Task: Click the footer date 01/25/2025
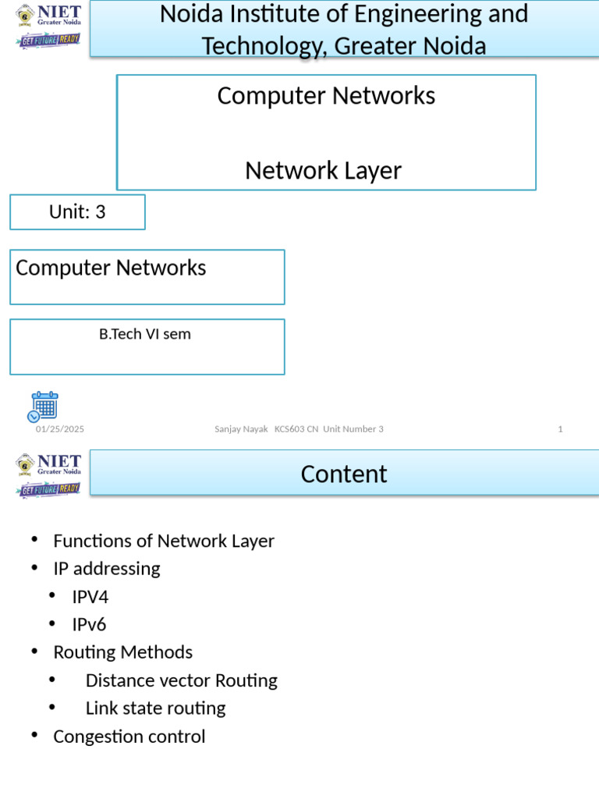(60, 429)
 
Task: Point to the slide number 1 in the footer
(560, 429)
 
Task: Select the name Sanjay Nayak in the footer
(241, 429)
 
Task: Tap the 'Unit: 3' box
(77, 212)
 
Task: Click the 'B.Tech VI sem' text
(145, 335)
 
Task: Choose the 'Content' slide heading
(344, 474)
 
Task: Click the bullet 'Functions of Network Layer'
(164, 541)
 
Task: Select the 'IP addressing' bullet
(107, 569)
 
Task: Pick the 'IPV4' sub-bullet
(90, 597)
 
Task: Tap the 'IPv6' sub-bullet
(89, 625)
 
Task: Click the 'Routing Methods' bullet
(122, 652)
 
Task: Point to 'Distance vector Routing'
(181, 680)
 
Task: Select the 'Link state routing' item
(155, 708)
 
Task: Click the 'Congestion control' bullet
(129, 737)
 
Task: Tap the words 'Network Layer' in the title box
(323, 170)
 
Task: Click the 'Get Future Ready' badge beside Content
(48, 489)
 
